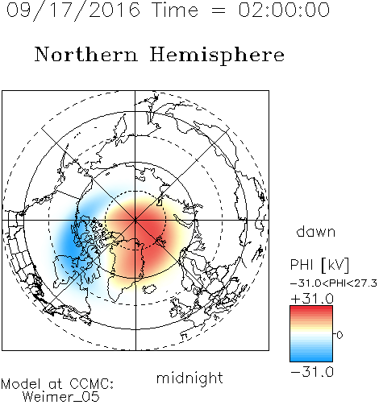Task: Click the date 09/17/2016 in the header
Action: (x=73, y=10)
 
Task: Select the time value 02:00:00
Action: (x=284, y=10)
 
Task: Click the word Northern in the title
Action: (x=86, y=54)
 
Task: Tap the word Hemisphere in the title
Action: (x=217, y=56)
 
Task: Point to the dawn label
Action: (x=316, y=232)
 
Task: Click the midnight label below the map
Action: (x=189, y=378)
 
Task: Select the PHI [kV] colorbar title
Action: (x=319, y=265)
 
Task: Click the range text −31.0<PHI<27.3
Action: (x=334, y=283)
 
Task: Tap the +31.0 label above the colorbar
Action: (x=312, y=299)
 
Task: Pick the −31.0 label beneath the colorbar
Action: (x=312, y=372)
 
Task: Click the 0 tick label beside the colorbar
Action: (x=339, y=335)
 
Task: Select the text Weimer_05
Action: (x=61, y=397)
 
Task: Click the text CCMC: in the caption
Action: (x=91, y=384)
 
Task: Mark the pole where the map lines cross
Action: (x=135, y=220)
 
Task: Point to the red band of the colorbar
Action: (x=311, y=312)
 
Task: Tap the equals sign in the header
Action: (x=219, y=10)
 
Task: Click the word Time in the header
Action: (x=175, y=10)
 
